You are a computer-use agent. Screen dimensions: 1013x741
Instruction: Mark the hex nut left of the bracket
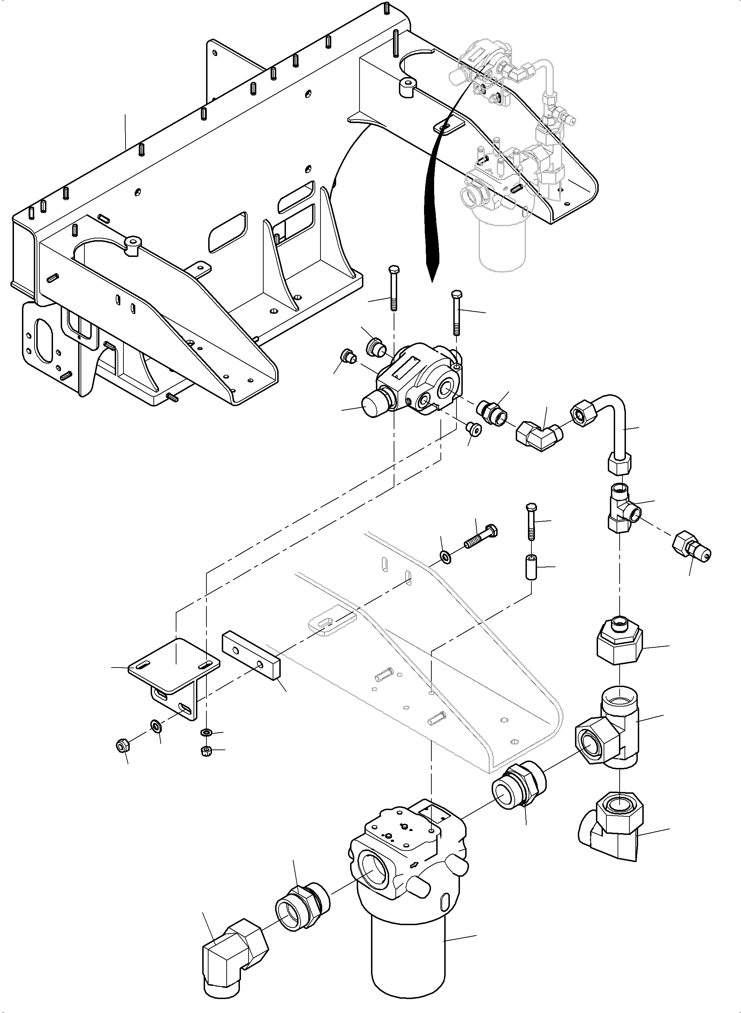(122, 747)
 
